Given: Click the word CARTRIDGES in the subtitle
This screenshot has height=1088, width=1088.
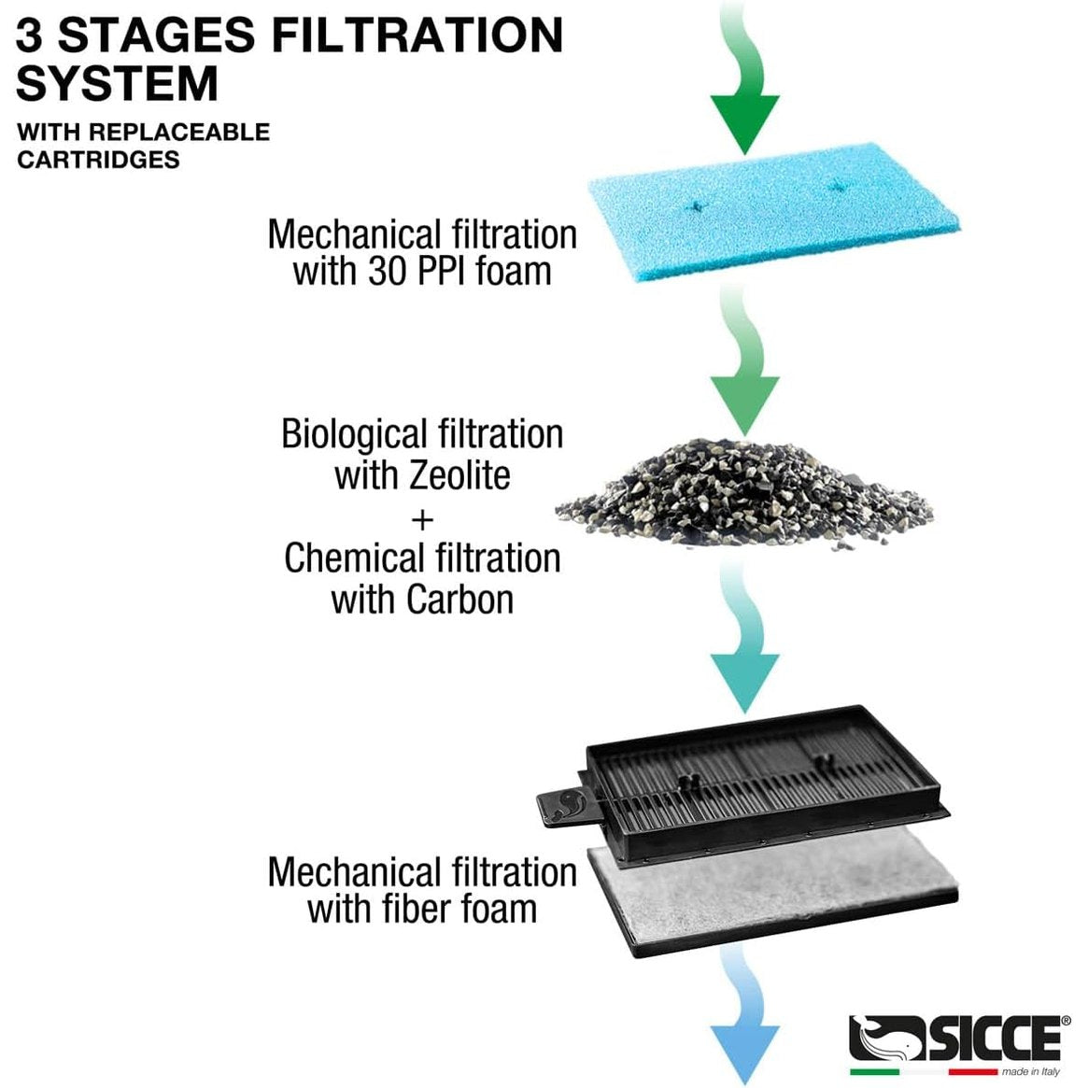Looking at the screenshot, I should pyautogui.click(x=98, y=159).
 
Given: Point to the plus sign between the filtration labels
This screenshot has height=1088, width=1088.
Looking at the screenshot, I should pyautogui.click(x=422, y=516).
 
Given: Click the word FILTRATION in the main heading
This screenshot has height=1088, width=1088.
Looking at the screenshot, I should pyautogui.click(x=417, y=35).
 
